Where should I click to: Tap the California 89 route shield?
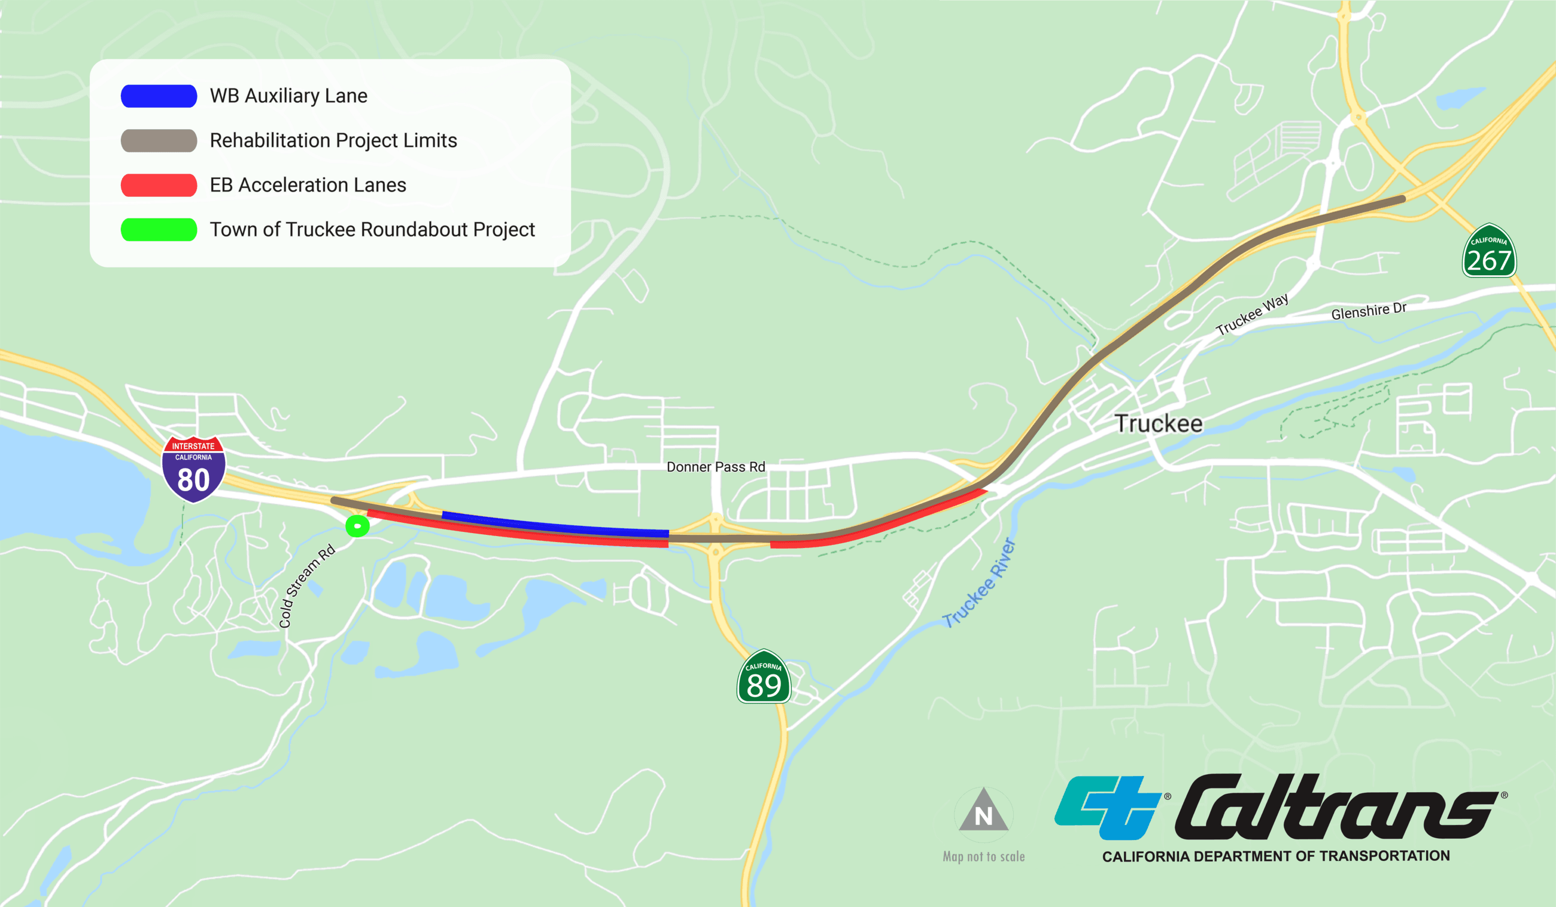(x=764, y=677)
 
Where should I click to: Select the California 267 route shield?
(x=1489, y=252)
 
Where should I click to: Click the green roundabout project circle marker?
(x=357, y=526)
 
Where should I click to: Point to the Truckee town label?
(x=1159, y=424)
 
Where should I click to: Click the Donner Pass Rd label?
(x=716, y=467)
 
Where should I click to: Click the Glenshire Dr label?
(x=1368, y=311)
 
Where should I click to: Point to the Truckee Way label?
(x=1251, y=314)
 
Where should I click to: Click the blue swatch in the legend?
(x=159, y=96)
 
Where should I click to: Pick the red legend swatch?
(x=159, y=185)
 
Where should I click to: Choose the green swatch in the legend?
(x=159, y=230)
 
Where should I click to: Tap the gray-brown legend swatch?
(x=159, y=141)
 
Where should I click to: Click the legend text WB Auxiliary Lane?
(x=288, y=96)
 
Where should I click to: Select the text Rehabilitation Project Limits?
(x=333, y=141)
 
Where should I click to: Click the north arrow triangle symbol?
(x=983, y=811)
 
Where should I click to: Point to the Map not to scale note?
(x=983, y=856)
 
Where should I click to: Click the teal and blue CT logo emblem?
(x=1108, y=807)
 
